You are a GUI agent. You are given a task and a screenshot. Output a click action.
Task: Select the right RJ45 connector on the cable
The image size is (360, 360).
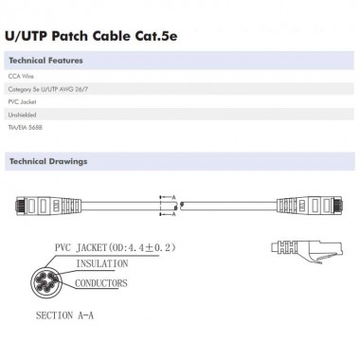(293, 204)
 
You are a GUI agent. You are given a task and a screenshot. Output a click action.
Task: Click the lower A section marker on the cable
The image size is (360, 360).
(175, 210)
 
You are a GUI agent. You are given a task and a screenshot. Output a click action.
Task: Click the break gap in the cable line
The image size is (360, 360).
(185, 204)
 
